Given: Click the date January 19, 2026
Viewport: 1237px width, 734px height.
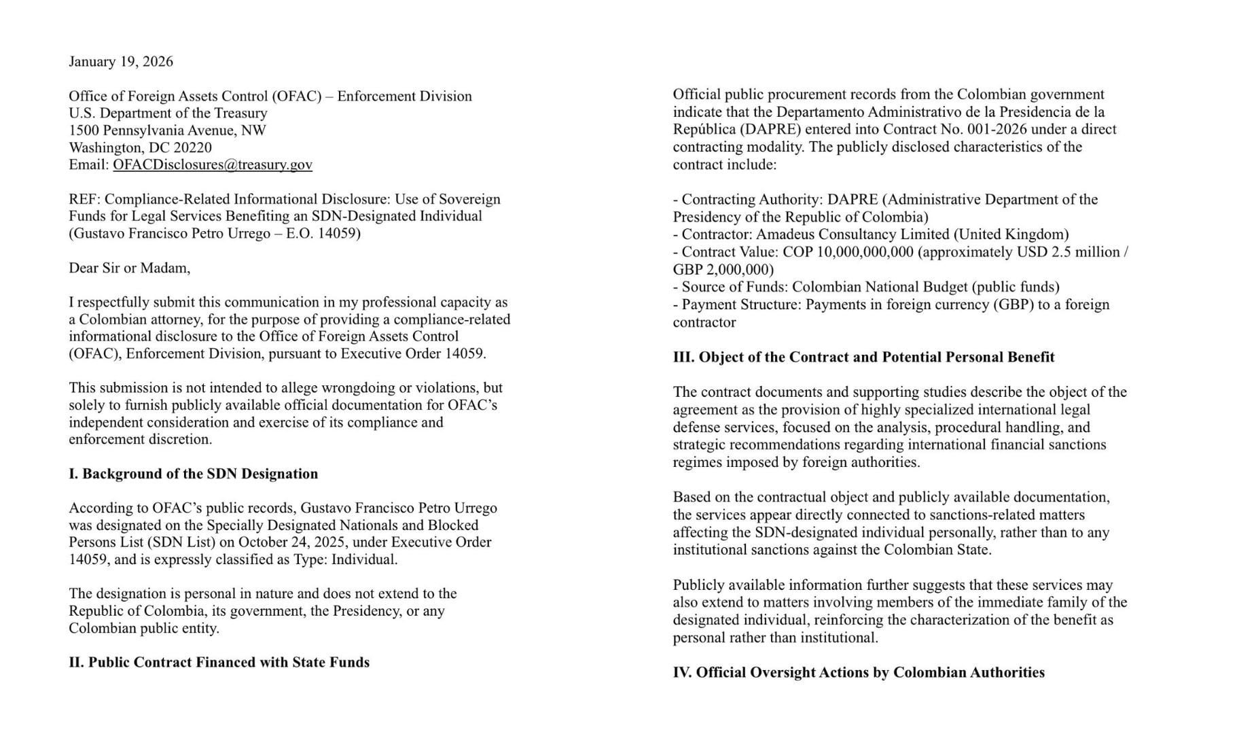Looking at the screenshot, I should pyautogui.click(x=121, y=62).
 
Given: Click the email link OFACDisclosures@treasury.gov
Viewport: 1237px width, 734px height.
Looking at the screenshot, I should pyautogui.click(x=213, y=164).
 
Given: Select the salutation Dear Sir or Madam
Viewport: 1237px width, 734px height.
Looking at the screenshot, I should pyautogui.click(x=129, y=268).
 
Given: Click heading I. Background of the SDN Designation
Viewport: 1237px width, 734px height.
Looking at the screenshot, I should pyautogui.click(x=193, y=474).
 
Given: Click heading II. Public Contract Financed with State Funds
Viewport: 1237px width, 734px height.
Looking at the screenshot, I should pyautogui.click(x=219, y=662).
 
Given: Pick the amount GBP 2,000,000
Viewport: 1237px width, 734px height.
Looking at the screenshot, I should pyautogui.click(x=721, y=269).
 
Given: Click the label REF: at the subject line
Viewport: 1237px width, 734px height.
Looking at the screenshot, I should pyautogui.click(x=84, y=199).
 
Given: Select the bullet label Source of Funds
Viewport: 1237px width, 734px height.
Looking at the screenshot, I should pyautogui.click(x=731, y=287).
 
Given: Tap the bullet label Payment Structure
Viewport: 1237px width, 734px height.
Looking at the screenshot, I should pyautogui.click(x=740, y=304).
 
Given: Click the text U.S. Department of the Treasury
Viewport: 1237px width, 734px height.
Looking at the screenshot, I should pyautogui.click(x=168, y=113).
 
